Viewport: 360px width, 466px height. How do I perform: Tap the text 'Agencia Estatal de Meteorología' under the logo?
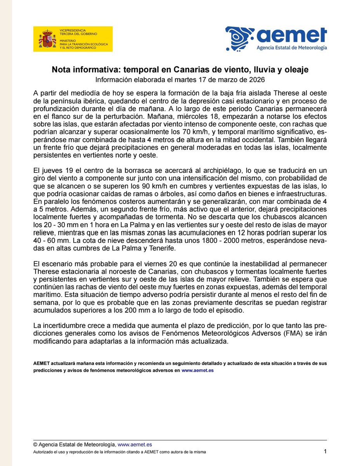pos(292,48)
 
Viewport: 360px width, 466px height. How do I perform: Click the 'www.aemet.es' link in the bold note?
pos(197,371)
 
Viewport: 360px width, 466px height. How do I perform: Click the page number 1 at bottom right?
pos(325,451)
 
